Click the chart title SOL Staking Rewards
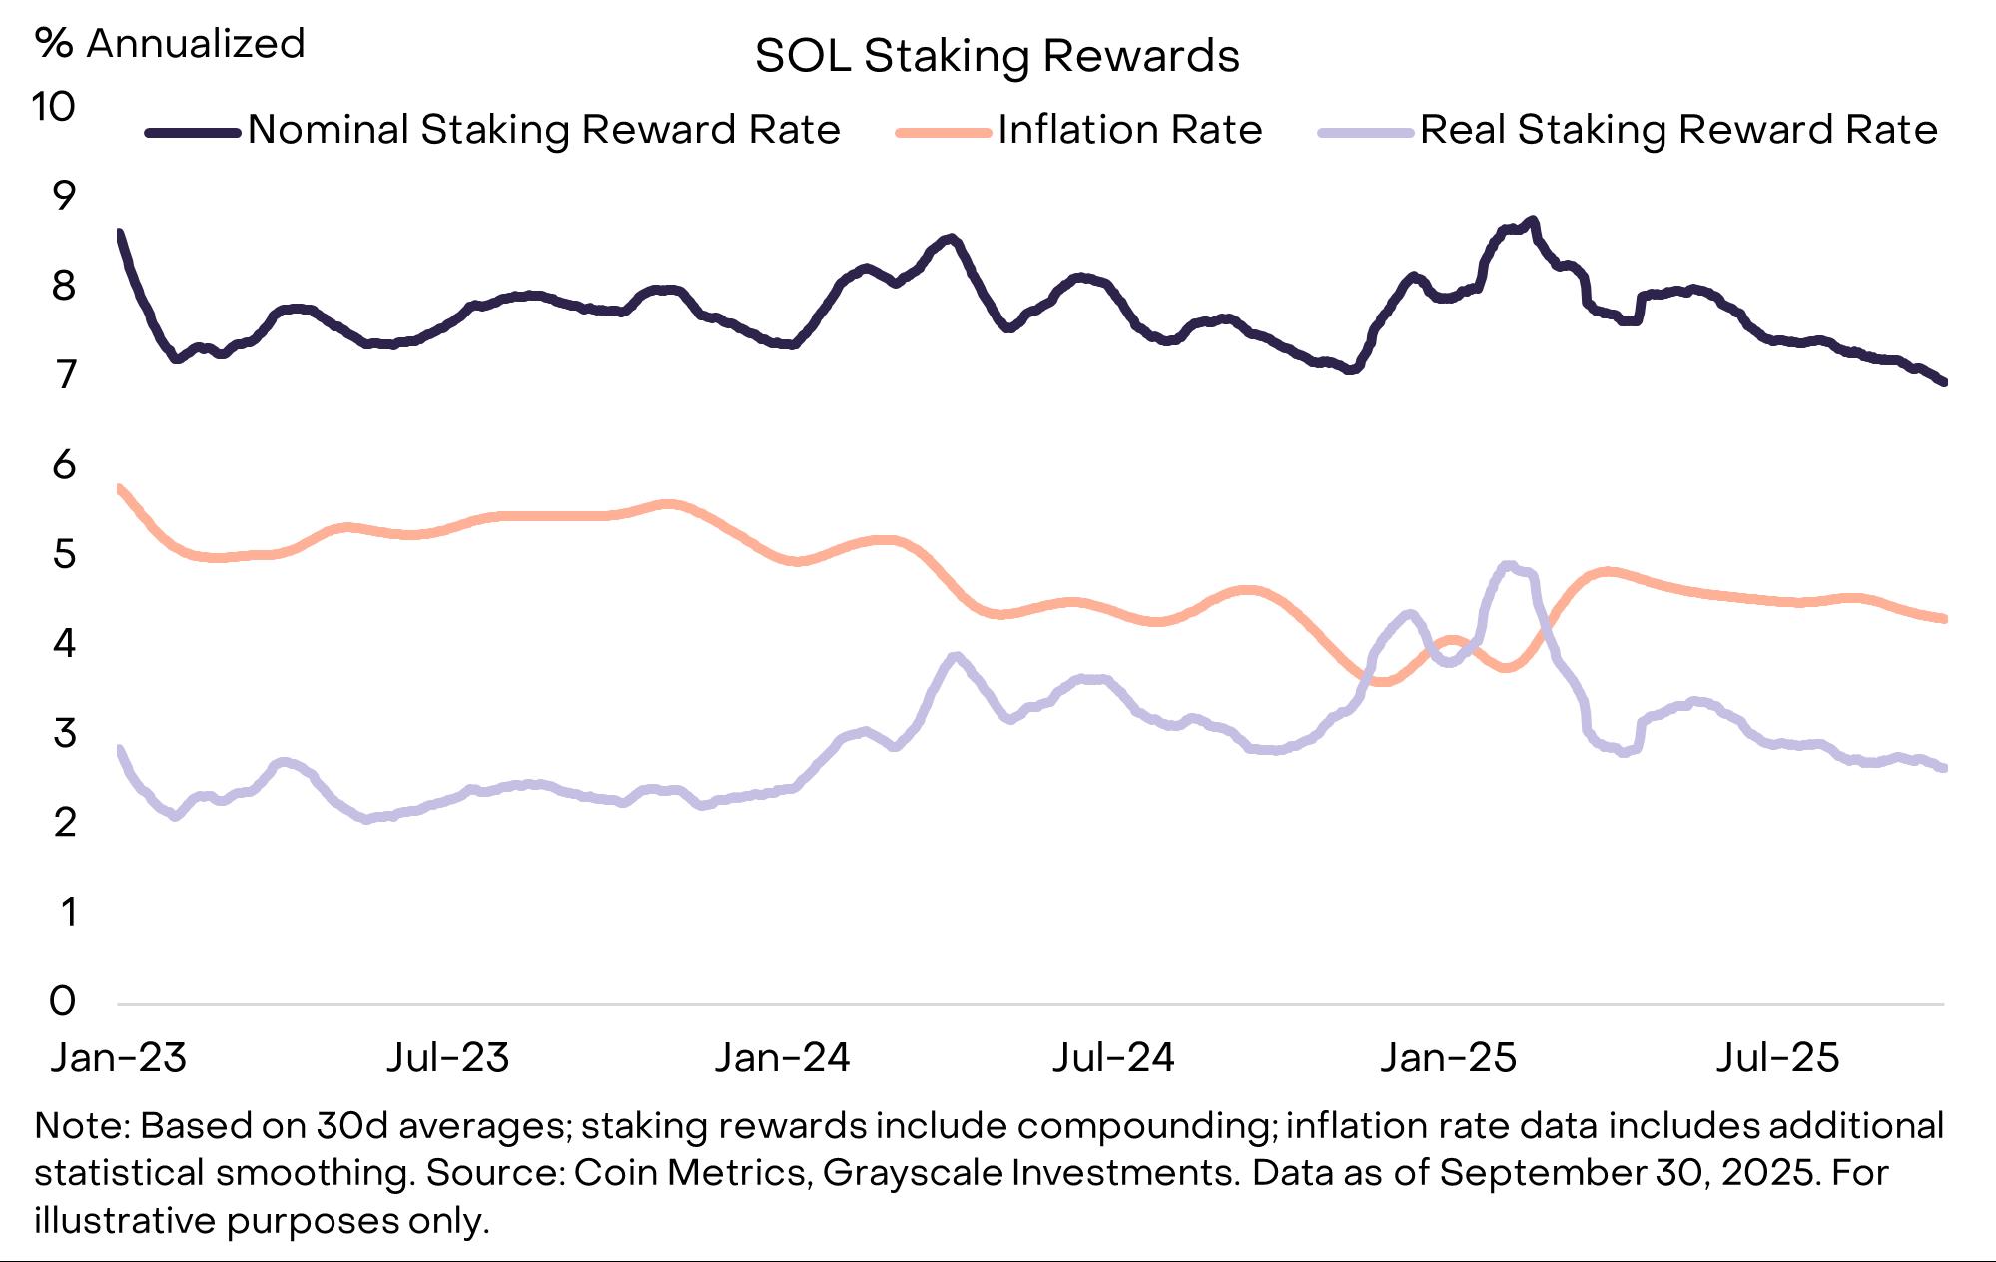(x=997, y=56)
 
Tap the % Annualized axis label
(x=170, y=44)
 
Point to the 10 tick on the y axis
(x=53, y=107)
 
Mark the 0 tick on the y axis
(x=63, y=1000)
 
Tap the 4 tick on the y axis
(x=64, y=643)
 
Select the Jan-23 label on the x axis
(x=119, y=1058)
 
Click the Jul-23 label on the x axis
(x=448, y=1058)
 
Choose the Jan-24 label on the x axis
(x=782, y=1058)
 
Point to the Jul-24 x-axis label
(x=1113, y=1058)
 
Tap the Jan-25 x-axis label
(x=1448, y=1058)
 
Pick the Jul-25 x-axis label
(x=1777, y=1058)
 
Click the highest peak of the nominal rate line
(x=1533, y=220)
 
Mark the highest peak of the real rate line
(x=1508, y=566)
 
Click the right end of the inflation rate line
(x=1943, y=619)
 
